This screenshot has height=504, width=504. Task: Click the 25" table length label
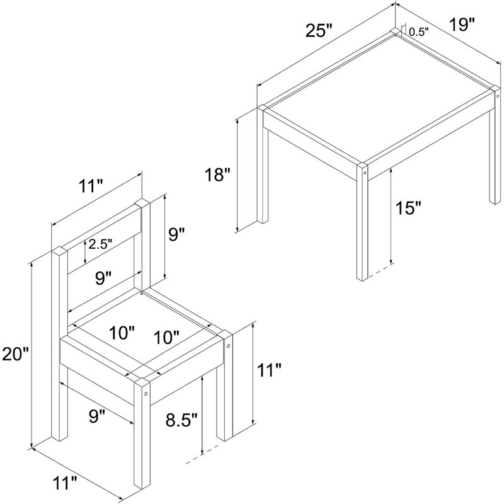(x=319, y=31)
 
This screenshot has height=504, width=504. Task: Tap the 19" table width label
(x=462, y=25)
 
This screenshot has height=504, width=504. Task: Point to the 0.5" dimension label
(x=419, y=32)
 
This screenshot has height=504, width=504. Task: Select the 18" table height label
(x=218, y=175)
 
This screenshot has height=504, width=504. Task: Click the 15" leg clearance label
(x=408, y=208)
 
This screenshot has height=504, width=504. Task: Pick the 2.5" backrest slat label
(x=100, y=244)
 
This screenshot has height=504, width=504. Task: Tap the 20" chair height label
(x=15, y=354)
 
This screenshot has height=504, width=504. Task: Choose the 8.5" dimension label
(x=181, y=420)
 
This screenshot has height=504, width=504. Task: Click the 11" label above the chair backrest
(x=91, y=186)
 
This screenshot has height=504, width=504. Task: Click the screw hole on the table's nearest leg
(x=365, y=173)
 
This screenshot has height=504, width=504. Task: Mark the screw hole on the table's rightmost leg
(x=497, y=96)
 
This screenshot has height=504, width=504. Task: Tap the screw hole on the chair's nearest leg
(x=146, y=393)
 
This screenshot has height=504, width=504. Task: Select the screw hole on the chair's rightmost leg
(x=228, y=346)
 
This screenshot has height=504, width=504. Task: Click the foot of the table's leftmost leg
(x=262, y=221)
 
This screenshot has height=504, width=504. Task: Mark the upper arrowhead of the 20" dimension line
(x=31, y=265)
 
